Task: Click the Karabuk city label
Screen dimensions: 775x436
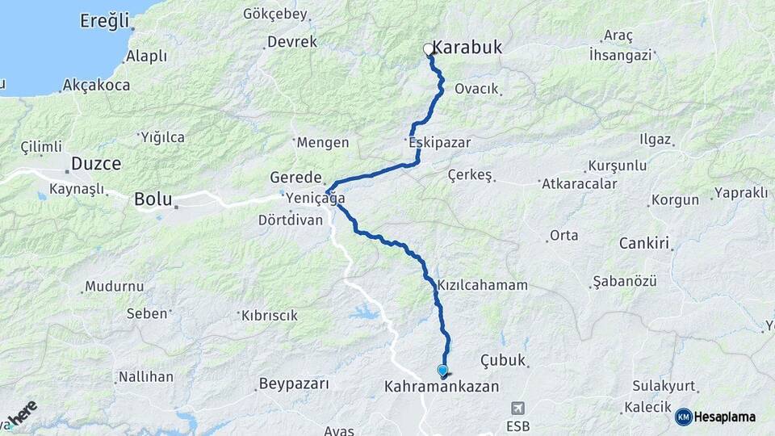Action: [x=467, y=48]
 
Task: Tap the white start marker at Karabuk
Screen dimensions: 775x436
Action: [x=429, y=50]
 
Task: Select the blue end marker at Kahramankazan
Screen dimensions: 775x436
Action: [x=442, y=371]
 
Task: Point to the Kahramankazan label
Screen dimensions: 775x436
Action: [x=442, y=388]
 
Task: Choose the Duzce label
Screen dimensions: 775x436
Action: [x=96, y=164]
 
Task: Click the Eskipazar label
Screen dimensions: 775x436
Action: [x=440, y=142]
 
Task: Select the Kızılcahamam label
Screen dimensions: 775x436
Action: [x=483, y=286]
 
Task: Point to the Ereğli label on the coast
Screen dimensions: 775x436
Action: [x=104, y=21]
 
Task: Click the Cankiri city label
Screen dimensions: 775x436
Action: [x=645, y=243]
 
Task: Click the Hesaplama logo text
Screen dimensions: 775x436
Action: [x=724, y=417]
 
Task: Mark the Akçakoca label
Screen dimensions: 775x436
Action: [x=94, y=84]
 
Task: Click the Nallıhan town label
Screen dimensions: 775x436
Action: [x=145, y=377]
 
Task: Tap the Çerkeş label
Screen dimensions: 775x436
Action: [x=470, y=175]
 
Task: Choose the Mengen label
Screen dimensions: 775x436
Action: [x=323, y=143]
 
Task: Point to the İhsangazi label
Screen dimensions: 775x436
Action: [x=621, y=55]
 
